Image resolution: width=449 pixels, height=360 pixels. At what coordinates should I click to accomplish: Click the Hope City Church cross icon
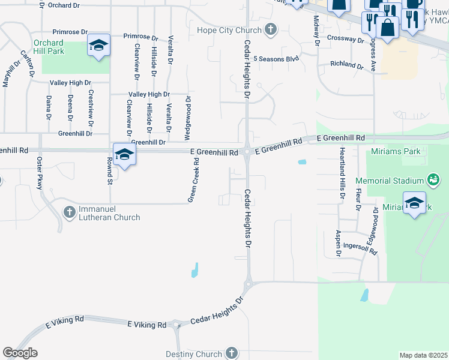pos(271,29)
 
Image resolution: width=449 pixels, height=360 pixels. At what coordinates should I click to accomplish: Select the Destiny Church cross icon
pos(231,353)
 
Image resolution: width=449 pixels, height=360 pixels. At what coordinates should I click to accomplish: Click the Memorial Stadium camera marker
pos(432,179)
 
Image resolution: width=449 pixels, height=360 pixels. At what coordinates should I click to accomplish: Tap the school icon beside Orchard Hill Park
pos(98,46)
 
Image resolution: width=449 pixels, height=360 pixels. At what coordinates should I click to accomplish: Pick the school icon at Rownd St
pos(124,154)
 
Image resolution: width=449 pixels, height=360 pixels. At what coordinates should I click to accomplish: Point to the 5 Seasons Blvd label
pos(276,59)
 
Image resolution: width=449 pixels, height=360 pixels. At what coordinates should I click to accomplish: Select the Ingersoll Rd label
pos(360,246)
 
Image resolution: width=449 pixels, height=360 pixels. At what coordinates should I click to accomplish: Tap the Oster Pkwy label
pos(40,173)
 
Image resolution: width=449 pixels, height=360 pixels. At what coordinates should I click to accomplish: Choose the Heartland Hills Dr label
pos(342,173)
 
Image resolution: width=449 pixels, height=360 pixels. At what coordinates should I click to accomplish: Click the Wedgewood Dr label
pos(188,116)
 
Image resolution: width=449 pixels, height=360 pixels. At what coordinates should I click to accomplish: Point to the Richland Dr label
pos(347,64)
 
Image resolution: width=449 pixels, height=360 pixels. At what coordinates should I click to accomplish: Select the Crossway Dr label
pos(346,38)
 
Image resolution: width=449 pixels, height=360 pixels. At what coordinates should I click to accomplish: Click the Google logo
pos(20,353)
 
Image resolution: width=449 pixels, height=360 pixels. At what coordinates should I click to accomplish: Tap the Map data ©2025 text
pos(423,355)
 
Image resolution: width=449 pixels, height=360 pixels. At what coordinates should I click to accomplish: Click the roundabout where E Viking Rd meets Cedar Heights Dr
pos(176,326)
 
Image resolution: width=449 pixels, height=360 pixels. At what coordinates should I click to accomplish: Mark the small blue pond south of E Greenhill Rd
pos(302,161)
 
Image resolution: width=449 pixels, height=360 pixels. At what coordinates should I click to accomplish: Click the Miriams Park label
pos(396,151)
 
